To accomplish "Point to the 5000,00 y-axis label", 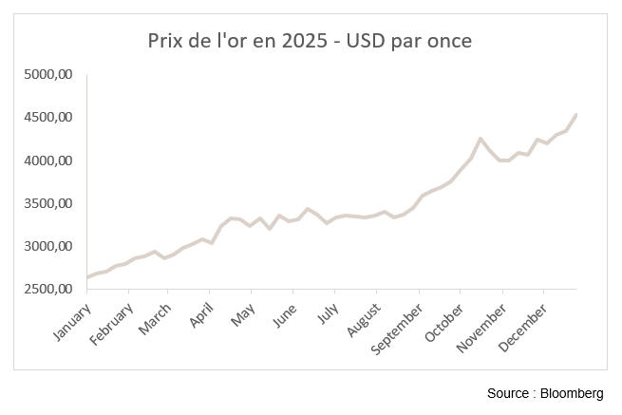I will tap(47, 74).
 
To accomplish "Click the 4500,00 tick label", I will tap(47, 118).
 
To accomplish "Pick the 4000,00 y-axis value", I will tap(47, 160).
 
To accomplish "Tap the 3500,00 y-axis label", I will tap(47, 203).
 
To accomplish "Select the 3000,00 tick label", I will tap(47, 246).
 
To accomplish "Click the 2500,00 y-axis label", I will tap(47, 289).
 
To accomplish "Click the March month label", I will tap(154, 315).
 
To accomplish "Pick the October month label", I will tap(443, 320).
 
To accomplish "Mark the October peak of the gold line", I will tap(481, 139).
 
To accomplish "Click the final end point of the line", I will tap(576, 115).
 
